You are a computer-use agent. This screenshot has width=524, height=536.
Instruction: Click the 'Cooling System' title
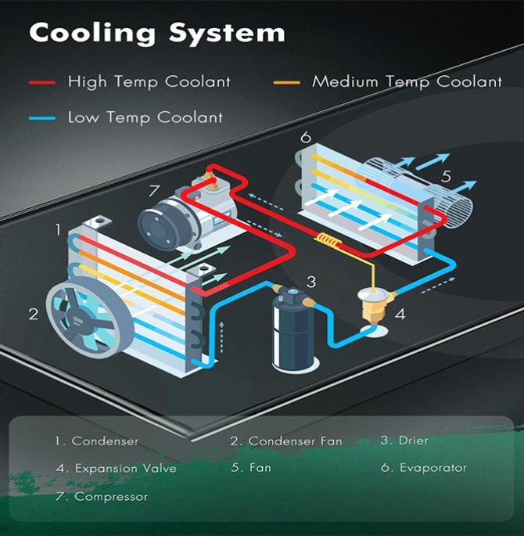[156, 33]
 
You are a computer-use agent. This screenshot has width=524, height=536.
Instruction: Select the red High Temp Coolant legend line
[41, 81]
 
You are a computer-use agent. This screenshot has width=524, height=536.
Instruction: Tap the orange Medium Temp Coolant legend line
[287, 81]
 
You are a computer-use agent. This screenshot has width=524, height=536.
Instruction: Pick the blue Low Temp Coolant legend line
[41, 118]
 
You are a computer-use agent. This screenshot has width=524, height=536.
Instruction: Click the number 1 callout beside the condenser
[57, 229]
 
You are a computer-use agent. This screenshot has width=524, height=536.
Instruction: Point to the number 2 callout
[34, 314]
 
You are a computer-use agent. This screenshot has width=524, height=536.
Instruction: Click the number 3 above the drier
[310, 282]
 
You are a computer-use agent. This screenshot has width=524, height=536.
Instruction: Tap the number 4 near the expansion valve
[400, 316]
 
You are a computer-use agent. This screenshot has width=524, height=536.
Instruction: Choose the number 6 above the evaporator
[306, 138]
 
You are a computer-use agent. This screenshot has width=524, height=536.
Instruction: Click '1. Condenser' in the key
[96, 441]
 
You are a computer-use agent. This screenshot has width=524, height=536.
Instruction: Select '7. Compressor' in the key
[102, 496]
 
